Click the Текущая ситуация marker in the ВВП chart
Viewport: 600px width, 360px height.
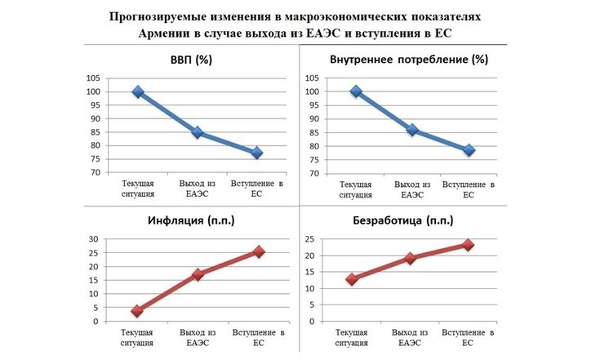point(138,92)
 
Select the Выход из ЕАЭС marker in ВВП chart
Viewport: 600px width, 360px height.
point(198,133)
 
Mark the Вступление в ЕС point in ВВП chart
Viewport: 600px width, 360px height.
point(256,153)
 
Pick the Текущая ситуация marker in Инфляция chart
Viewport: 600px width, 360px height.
point(137,311)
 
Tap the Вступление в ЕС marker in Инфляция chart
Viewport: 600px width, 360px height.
point(259,251)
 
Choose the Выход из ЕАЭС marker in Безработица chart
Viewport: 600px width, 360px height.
point(411,258)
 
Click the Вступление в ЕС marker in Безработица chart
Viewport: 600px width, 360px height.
point(468,245)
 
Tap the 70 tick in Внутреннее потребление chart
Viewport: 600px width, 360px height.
point(313,173)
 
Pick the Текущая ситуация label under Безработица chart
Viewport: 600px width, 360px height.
point(353,338)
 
